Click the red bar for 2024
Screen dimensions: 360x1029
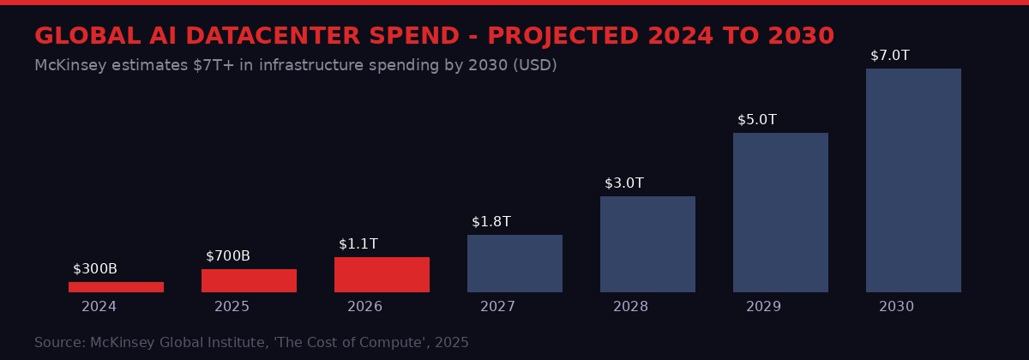point(116,287)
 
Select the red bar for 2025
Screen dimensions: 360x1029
point(249,280)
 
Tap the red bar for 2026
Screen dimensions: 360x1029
point(382,274)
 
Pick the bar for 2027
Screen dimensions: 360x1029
point(514,263)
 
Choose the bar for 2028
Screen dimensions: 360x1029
point(647,244)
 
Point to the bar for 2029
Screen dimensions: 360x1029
point(780,213)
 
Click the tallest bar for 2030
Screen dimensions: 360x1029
point(913,180)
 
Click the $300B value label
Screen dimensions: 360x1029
point(95,269)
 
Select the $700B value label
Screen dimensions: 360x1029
point(228,256)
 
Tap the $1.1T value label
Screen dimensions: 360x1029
point(358,244)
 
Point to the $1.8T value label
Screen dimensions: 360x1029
point(491,222)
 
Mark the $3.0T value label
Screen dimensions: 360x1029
point(624,183)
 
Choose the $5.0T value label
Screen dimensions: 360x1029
point(757,120)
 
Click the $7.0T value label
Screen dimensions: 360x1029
point(890,56)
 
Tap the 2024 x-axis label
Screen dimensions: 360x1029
point(99,307)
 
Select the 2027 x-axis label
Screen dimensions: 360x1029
point(497,307)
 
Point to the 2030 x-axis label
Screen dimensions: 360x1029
point(896,307)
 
